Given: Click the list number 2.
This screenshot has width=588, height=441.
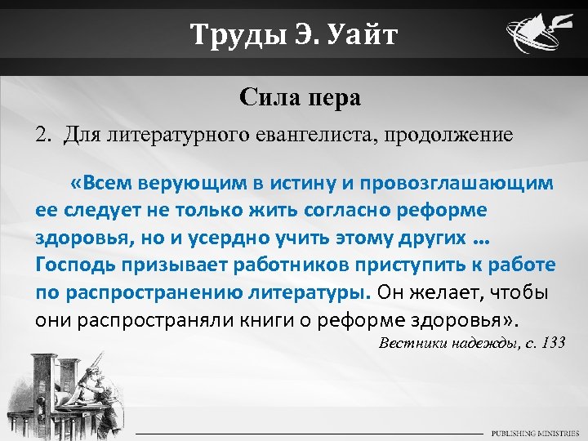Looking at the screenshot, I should click(x=42, y=134).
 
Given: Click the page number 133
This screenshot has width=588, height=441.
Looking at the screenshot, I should click(x=552, y=342).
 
